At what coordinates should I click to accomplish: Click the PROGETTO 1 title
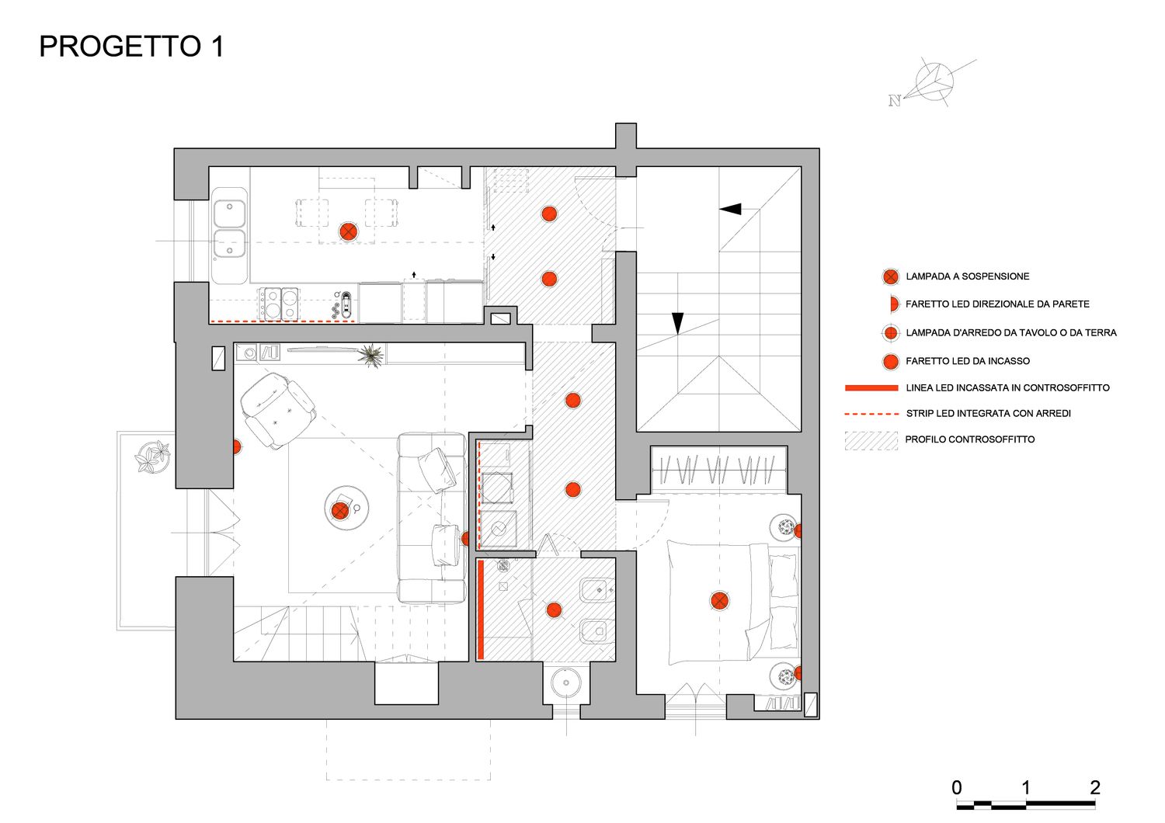pyautogui.click(x=131, y=47)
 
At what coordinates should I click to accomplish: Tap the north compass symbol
pyautogui.click(x=932, y=82)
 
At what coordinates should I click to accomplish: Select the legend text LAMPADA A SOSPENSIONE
pyautogui.click(x=967, y=276)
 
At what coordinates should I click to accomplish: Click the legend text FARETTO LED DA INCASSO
pyautogui.click(x=967, y=361)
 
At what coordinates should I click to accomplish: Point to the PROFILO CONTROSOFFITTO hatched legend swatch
pyautogui.click(x=871, y=440)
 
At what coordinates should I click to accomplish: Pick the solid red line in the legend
pyautogui.click(x=871, y=387)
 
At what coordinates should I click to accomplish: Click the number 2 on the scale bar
pyautogui.click(x=1094, y=787)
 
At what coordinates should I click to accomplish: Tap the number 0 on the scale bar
pyautogui.click(x=957, y=787)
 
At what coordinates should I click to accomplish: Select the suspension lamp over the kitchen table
pyautogui.click(x=349, y=231)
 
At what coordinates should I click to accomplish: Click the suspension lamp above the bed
pyautogui.click(x=719, y=600)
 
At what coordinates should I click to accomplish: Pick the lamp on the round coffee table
pyautogui.click(x=340, y=510)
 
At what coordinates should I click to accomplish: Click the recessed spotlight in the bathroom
pyautogui.click(x=554, y=609)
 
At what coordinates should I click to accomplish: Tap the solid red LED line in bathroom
pyautogui.click(x=481, y=609)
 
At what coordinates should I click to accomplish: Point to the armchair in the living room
pyautogui.click(x=276, y=408)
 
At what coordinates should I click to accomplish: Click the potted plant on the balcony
pyautogui.click(x=152, y=456)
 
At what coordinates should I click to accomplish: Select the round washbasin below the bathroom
pyautogui.click(x=565, y=684)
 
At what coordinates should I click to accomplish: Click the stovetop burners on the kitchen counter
pyautogui.click(x=280, y=303)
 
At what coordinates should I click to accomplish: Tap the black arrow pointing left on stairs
pyautogui.click(x=730, y=209)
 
